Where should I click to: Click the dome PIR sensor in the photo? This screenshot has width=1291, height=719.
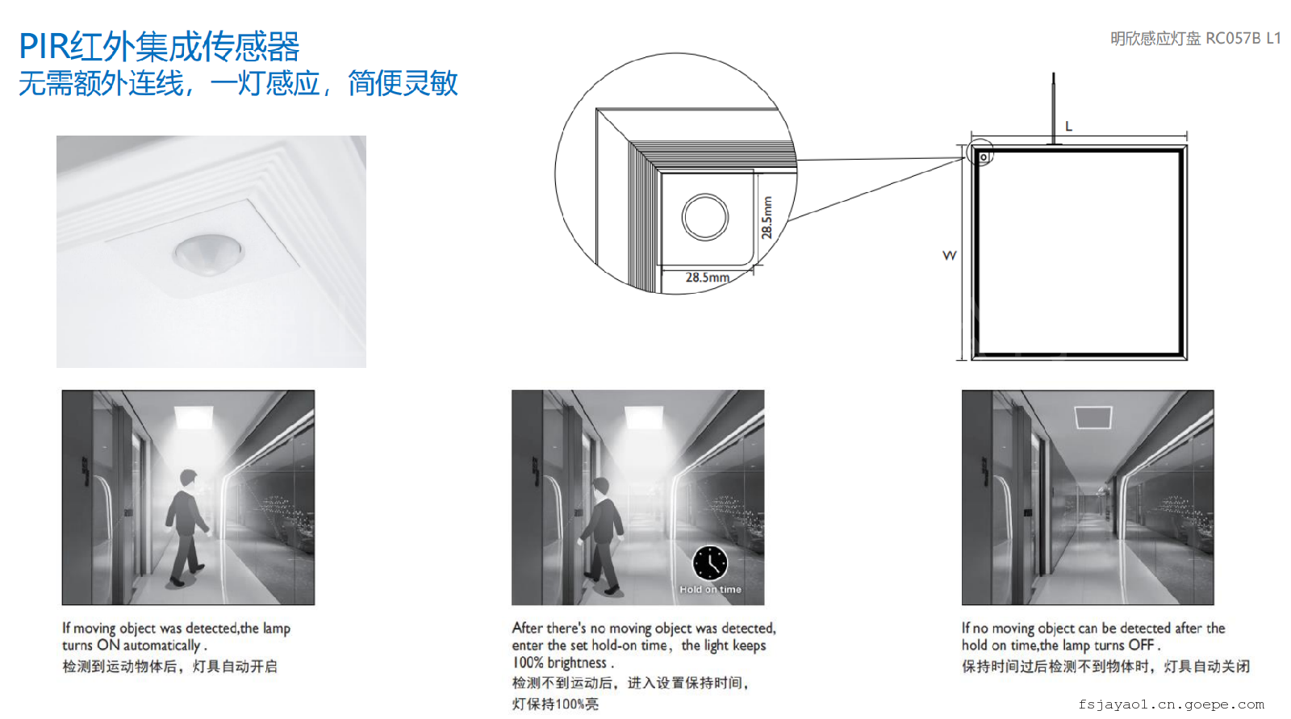pyautogui.click(x=209, y=253)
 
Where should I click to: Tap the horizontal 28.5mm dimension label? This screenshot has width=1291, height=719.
pyautogui.click(x=707, y=278)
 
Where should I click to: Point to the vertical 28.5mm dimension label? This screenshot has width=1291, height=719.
pyautogui.click(x=767, y=217)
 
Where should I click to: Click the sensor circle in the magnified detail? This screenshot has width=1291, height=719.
pyautogui.click(x=705, y=217)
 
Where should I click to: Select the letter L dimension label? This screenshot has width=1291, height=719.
pyautogui.click(x=1068, y=126)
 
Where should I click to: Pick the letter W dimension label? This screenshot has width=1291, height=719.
pyautogui.click(x=949, y=256)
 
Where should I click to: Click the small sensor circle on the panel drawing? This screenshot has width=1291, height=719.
pyautogui.click(x=984, y=157)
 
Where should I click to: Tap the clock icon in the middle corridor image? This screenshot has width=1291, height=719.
pyautogui.click(x=710, y=562)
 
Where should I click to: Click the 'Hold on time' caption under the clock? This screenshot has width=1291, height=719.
pyautogui.click(x=710, y=589)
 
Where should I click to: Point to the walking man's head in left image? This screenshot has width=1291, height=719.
pyautogui.click(x=189, y=478)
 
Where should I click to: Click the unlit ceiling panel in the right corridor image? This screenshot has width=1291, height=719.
pyautogui.click(x=1093, y=417)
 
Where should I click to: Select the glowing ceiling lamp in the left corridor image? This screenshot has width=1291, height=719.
pyautogui.click(x=194, y=417)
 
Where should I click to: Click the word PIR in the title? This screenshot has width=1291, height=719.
pyautogui.click(x=44, y=46)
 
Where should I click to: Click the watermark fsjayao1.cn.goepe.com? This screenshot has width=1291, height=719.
pyautogui.click(x=1171, y=704)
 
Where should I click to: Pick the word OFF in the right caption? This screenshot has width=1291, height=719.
pyautogui.click(x=1141, y=645)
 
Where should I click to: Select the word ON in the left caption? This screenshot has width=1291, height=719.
pyautogui.click(x=108, y=645)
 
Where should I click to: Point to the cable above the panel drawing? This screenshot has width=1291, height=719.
pyautogui.click(x=1054, y=108)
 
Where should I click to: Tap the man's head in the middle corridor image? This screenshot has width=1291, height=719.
pyautogui.click(x=600, y=487)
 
